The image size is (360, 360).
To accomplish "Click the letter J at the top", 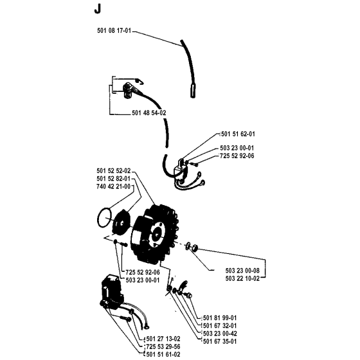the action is click(98, 10).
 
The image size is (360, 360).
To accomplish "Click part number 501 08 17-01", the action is click(114, 31).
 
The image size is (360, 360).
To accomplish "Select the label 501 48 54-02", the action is click(149, 113).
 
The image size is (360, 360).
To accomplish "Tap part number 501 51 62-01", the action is click(238, 134).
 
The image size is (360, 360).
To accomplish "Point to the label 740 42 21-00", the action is click(114, 186).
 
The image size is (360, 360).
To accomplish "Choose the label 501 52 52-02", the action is click(114, 171).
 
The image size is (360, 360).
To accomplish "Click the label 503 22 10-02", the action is click(242, 278).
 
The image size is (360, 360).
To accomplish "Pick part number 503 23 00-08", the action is click(242, 271).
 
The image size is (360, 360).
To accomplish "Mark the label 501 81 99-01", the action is click(220, 318).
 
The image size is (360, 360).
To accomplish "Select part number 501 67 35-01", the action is click(220, 341).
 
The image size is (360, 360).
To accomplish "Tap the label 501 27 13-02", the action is click(163, 339).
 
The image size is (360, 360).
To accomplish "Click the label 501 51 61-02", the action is click(163, 354).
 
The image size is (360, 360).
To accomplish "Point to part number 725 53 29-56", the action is click(163, 346).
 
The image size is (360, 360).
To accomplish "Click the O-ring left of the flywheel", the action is click(98, 218).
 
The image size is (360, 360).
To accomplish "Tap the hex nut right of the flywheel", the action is click(195, 248).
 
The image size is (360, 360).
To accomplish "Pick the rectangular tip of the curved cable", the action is click(193, 91).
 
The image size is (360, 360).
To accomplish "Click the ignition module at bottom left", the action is click(112, 292).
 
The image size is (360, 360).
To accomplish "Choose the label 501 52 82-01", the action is click(114, 179).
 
